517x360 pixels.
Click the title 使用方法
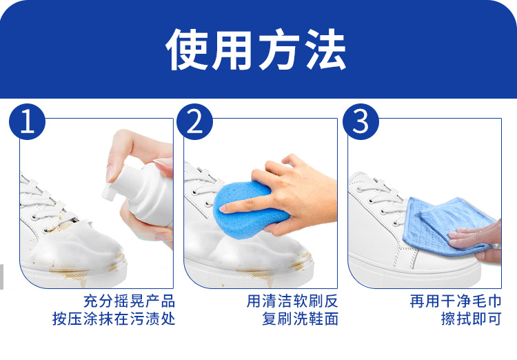[x=256, y=50]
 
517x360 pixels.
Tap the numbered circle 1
[x=27, y=121]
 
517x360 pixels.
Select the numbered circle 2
[x=194, y=121]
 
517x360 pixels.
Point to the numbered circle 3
[x=361, y=121]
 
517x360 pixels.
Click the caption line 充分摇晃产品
[x=129, y=301]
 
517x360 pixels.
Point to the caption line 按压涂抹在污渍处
[x=114, y=319]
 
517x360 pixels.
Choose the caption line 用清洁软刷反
[x=292, y=301]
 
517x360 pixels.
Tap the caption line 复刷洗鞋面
[x=300, y=319]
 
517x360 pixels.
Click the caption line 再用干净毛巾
[x=456, y=301]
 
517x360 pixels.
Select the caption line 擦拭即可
[x=472, y=319]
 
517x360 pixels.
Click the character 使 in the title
[x=187, y=50]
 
